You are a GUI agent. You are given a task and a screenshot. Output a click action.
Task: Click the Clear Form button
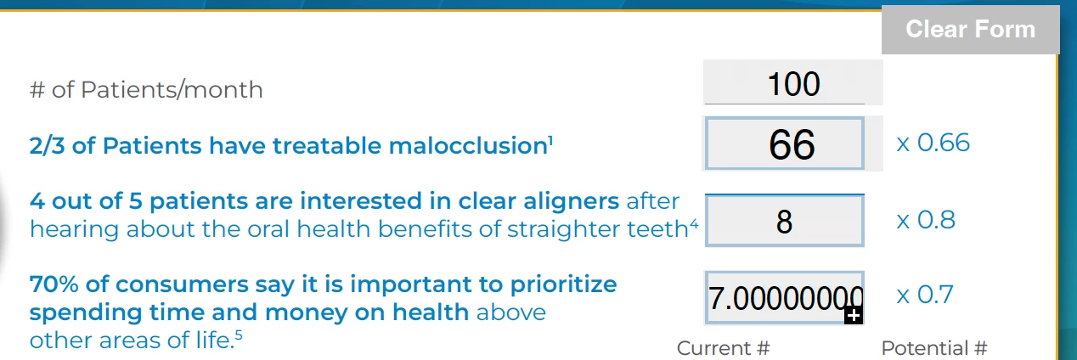pyautogui.click(x=970, y=30)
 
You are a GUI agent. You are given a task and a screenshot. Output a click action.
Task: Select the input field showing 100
pyautogui.click(x=792, y=82)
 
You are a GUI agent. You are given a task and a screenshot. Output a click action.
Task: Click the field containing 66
pyautogui.click(x=784, y=143)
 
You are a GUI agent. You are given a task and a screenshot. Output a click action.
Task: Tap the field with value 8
pyautogui.click(x=784, y=221)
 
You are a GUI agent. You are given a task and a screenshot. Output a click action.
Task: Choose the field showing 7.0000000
pyautogui.click(x=784, y=298)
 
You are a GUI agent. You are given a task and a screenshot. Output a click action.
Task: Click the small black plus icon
pyautogui.click(x=854, y=315)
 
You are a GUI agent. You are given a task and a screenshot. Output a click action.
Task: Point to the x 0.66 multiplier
pyautogui.click(x=933, y=143)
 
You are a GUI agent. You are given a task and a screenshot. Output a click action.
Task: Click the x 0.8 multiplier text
pyautogui.click(x=926, y=220)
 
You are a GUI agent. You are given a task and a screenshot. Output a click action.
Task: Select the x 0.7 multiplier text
pyautogui.click(x=925, y=295)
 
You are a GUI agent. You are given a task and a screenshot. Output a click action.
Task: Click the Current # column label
pyautogui.click(x=723, y=348)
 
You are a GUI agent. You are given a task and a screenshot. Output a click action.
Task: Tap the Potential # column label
pyautogui.click(x=934, y=348)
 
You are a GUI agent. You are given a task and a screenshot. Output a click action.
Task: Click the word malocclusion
pyautogui.click(x=468, y=146)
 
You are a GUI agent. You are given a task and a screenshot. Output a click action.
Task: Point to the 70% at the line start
pyautogui.click(x=54, y=284)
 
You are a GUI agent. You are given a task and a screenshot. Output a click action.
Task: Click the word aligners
pyautogui.click(x=571, y=201)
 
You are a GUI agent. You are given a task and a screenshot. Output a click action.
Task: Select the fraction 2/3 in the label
pyautogui.click(x=47, y=146)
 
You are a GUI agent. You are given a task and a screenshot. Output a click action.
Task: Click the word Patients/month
pyautogui.click(x=172, y=90)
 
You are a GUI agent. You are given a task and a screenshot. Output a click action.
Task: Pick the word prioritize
pyautogui.click(x=563, y=285)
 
